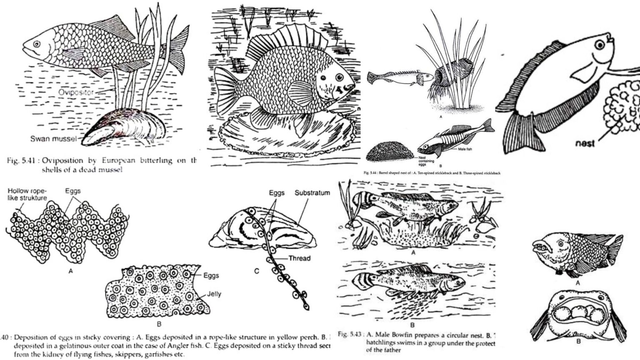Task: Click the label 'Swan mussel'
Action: point(52,139)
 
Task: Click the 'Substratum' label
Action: point(312,193)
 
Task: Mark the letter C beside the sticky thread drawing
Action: point(256,271)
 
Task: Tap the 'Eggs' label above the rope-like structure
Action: point(73,191)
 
